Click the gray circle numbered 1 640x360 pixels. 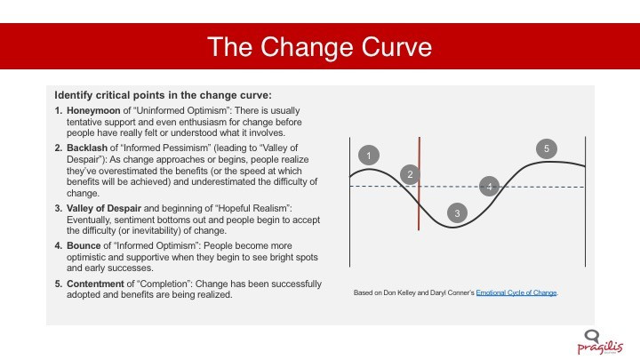pyautogui.click(x=369, y=155)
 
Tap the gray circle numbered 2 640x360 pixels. pyautogui.click(x=410, y=174)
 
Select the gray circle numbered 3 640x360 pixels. pyautogui.click(x=457, y=212)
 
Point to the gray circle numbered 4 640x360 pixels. pyautogui.click(x=490, y=187)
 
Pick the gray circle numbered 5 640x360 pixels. pyautogui.click(x=547, y=149)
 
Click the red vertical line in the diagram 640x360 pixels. pyautogui.click(x=420, y=184)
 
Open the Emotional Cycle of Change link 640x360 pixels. pyautogui.click(x=516, y=292)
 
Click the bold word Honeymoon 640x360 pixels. pyautogui.click(x=93, y=110)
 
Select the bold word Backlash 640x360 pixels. pyautogui.click(x=87, y=148)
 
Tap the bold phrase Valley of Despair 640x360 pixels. pyautogui.click(x=104, y=208)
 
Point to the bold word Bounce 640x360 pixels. pyautogui.click(x=84, y=245)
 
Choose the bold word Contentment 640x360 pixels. pyautogui.click(x=95, y=284)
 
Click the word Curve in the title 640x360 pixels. pyautogui.click(x=396, y=47)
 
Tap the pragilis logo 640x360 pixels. pyautogui.click(x=600, y=342)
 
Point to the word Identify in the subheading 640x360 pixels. pyautogui.click(x=74, y=95)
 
